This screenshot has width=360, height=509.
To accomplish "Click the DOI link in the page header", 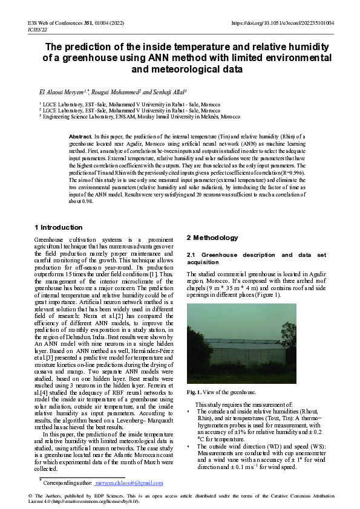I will (x=283, y=23).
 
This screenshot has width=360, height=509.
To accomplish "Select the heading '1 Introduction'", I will (x=57, y=227).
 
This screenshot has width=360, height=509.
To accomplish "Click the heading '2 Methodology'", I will (x=212, y=238).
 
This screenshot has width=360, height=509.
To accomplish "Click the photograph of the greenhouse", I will (x=241, y=343).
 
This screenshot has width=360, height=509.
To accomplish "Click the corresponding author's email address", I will (x=133, y=483).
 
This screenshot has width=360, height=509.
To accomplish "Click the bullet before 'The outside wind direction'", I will (x=189, y=446).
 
